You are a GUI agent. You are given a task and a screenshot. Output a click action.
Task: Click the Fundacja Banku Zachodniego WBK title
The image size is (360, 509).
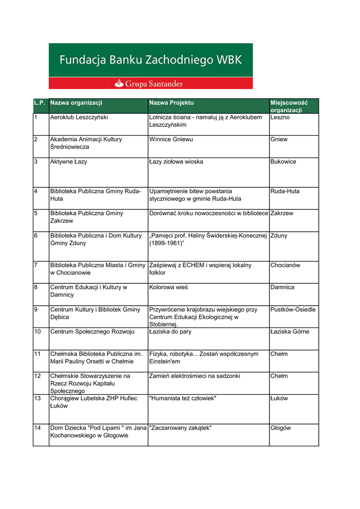[150, 61]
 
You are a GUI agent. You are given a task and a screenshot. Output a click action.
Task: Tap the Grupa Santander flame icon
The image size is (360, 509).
[119, 84]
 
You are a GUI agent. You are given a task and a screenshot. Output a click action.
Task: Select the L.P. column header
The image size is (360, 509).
[40, 103]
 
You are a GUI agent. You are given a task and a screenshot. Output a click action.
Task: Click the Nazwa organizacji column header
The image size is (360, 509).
[76, 103]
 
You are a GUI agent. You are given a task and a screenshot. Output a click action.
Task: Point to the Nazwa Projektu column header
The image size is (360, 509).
[172, 103]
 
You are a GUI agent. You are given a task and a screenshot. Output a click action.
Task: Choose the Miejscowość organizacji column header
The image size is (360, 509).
[289, 106]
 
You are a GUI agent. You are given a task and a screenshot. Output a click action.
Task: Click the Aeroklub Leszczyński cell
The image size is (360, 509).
[79, 117]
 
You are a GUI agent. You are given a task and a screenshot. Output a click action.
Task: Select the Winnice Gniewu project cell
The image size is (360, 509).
[171, 140]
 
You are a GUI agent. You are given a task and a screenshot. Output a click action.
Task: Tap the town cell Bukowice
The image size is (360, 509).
[283, 162]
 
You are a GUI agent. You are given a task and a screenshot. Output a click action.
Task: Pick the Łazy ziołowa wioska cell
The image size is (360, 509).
[176, 162]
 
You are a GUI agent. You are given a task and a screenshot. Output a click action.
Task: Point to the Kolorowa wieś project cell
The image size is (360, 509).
[169, 287]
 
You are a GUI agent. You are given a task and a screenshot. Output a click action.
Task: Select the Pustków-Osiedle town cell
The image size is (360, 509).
[293, 310]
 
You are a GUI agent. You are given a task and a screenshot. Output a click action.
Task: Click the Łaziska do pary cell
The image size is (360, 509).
[170, 332]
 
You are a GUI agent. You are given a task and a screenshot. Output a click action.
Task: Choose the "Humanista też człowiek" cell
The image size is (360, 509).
[182, 399]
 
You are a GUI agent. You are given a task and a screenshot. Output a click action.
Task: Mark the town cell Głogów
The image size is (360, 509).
[280, 428]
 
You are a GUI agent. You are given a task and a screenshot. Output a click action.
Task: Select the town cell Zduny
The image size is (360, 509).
[279, 236]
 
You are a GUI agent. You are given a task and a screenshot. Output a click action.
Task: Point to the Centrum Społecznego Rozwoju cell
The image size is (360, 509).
[92, 332]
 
